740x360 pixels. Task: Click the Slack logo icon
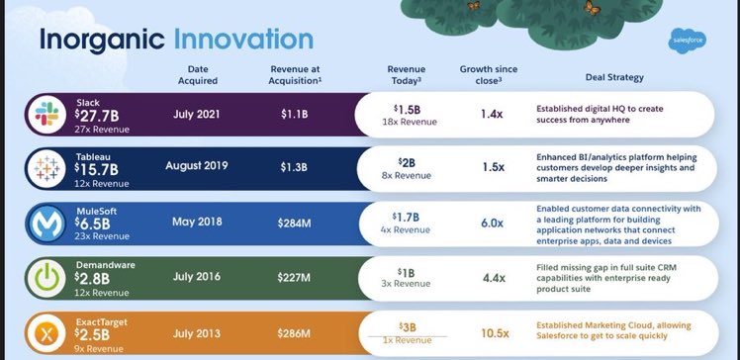click(x=46, y=115)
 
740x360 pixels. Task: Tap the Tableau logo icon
click(x=46, y=168)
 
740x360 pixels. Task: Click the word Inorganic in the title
click(x=100, y=41)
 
